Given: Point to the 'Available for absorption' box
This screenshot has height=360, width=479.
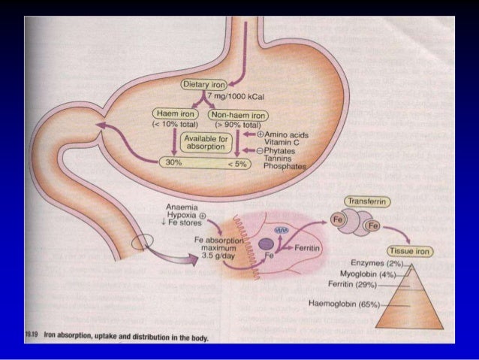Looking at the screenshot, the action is click(x=203, y=142).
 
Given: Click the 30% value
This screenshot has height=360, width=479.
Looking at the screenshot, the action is click(x=173, y=161).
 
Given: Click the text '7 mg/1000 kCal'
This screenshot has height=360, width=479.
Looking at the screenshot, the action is click(x=233, y=99).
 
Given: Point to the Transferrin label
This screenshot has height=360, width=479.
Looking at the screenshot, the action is click(x=366, y=201).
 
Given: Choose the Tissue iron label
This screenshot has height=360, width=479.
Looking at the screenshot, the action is click(x=408, y=252).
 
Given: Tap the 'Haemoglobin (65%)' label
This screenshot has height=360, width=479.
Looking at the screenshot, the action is click(x=345, y=303).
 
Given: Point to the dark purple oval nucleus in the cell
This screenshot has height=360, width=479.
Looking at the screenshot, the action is click(x=265, y=244).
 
